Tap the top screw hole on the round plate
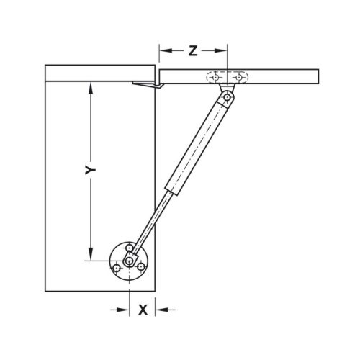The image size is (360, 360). click(x=130, y=248)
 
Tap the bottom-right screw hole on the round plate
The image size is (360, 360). click(x=141, y=268)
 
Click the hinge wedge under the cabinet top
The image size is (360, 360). click(x=147, y=86)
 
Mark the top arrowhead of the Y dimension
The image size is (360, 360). click(x=91, y=88)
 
